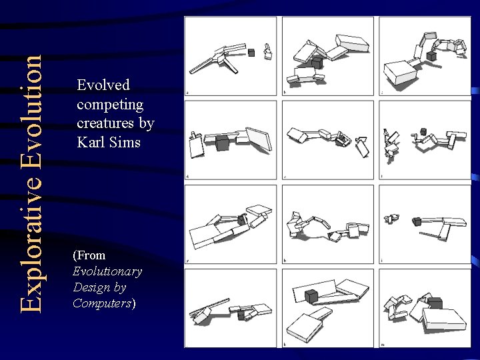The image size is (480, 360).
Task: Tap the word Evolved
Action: (x=103, y=85)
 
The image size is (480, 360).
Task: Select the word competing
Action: (x=110, y=105)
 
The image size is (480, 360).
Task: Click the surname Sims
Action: (x=124, y=142)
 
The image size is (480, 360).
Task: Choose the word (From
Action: (x=89, y=255)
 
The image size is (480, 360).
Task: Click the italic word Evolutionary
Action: (x=107, y=271)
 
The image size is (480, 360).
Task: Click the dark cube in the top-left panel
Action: (x=251, y=52)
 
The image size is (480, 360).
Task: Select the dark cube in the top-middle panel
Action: (x=317, y=63)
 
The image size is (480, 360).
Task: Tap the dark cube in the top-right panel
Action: (x=432, y=56)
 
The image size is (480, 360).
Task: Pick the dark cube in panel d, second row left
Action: (x=222, y=143)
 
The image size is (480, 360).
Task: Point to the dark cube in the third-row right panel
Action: (x=416, y=221)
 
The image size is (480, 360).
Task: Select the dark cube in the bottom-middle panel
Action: (x=311, y=296)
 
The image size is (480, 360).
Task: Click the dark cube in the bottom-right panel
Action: (x=435, y=303)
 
